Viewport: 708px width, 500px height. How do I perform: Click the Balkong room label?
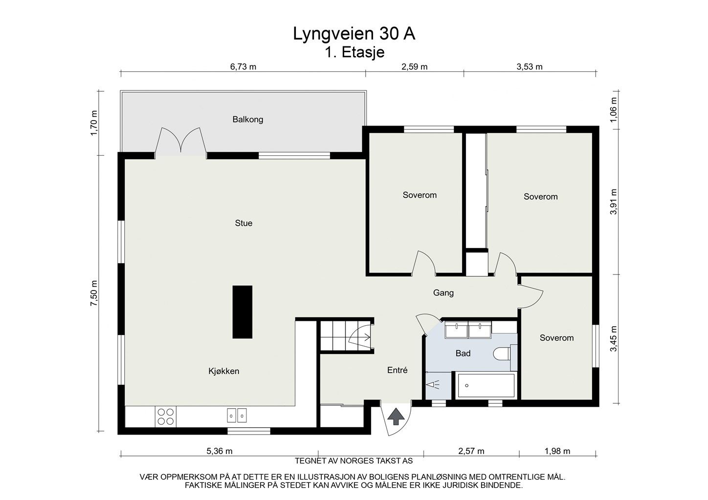[247, 119]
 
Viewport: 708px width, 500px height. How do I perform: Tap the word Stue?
[243, 223]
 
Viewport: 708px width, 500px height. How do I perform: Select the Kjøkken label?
[223, 371]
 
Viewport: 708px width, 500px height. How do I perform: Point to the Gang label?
[443, 293]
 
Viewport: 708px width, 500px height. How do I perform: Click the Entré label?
[398, 370]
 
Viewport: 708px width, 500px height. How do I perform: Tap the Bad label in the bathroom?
[463, 353]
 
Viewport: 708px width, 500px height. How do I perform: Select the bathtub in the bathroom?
[486, 385]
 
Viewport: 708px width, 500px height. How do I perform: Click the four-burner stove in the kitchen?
[166, 417]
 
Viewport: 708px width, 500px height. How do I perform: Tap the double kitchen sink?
[237, 415]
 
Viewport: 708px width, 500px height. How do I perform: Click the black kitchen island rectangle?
[243, 312]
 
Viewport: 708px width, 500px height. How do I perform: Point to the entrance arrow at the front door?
[396, 417]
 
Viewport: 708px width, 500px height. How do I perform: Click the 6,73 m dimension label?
[243, 67]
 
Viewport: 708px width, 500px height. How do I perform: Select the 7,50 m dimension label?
[94, 293]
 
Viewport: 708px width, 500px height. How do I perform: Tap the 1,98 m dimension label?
[557, 451]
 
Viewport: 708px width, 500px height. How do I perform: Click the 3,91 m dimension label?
[613, 202]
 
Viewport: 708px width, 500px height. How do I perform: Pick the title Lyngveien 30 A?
[354, 34]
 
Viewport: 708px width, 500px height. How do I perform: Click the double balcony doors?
[180, 142]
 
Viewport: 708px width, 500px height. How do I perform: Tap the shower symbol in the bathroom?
[432, 385]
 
